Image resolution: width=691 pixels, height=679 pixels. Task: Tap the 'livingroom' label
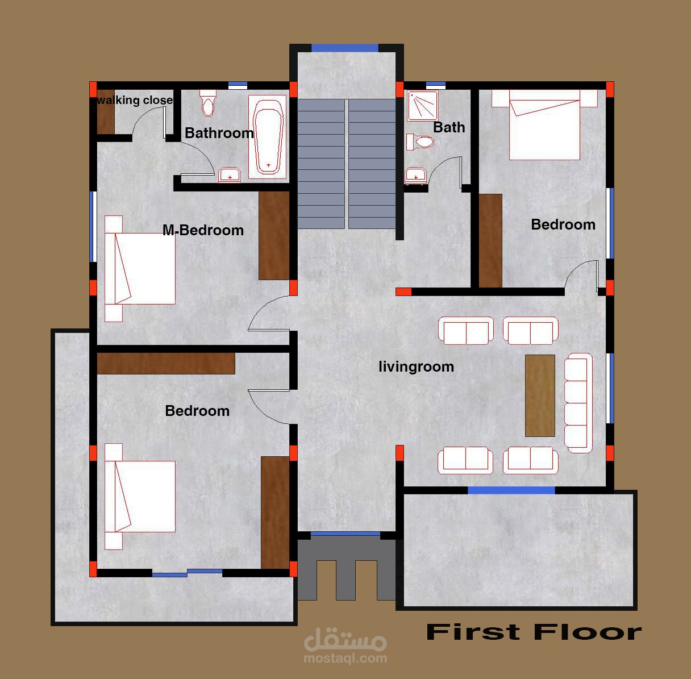pos(417,366)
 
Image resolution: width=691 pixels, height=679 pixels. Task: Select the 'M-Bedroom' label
pos(203,230)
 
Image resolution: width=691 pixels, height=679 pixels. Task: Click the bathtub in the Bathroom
pos(268,137)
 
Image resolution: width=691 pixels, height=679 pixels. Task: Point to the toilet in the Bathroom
pos(208,103)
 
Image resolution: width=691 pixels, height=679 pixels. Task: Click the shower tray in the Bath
pos(423,106)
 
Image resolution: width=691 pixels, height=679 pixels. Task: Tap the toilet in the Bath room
pos(420,141)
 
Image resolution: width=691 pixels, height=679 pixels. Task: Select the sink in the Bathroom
pos(230,175)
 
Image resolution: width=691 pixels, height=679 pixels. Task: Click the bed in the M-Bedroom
pos(140,269)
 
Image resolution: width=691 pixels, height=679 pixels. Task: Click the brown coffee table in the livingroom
pos(540,395)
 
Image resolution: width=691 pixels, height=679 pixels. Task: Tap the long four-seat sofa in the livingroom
pos(578,403)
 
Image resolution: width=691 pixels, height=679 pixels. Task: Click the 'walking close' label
pos(135,100)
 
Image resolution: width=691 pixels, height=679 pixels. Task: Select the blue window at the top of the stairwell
pos(344,48)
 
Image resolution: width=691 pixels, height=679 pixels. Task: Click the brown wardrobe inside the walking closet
pos(106,111)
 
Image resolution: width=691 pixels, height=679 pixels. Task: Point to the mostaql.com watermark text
pos(345,659)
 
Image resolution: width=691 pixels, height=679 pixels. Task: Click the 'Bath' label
pos(449,127)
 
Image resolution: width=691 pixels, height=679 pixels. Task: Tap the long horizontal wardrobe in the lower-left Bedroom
pos(166,363)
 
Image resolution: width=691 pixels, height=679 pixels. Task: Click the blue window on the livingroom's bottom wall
pos(511,490)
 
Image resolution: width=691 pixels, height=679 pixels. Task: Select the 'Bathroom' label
pos(219,133)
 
